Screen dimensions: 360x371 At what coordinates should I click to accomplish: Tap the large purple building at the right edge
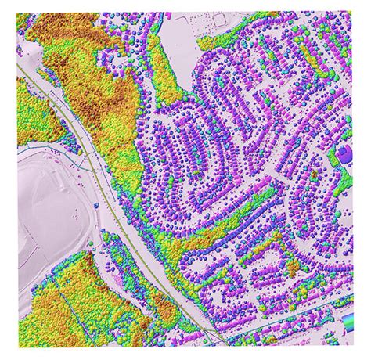pos(345,153)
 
